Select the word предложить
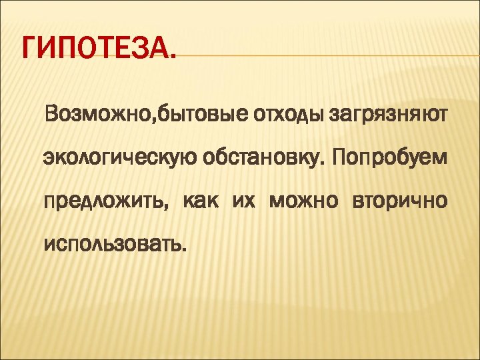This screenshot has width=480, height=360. click(103, 202)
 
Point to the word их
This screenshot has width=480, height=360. click(244, 201)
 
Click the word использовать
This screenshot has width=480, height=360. click(112, 244)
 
